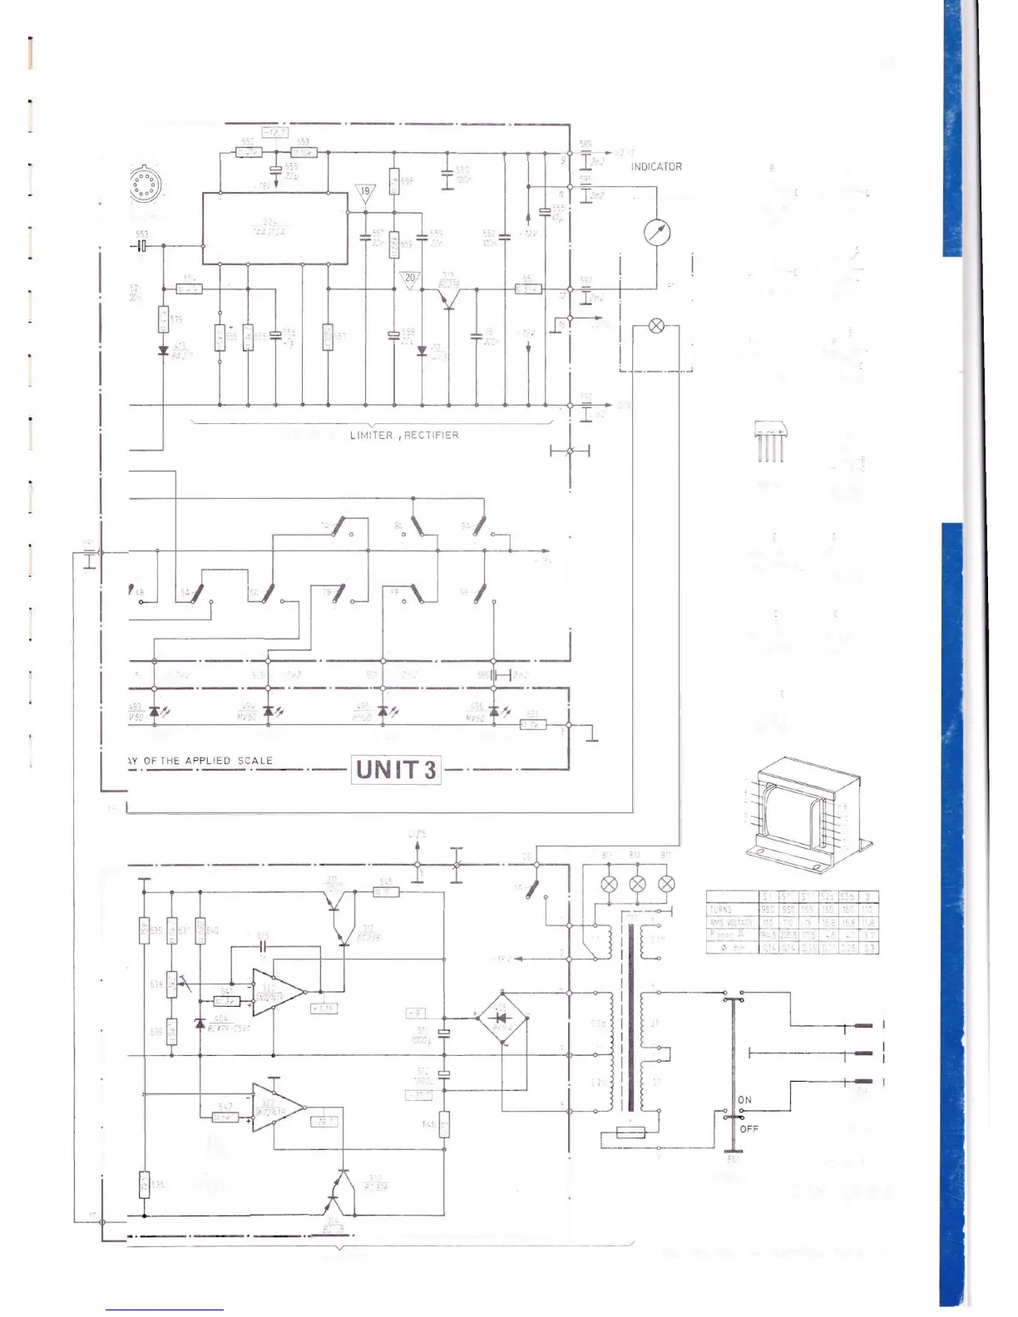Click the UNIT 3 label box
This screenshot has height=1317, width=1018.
(397, 769)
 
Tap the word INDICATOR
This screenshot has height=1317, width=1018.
(656, 167)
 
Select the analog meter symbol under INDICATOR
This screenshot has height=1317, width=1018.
(657, 233)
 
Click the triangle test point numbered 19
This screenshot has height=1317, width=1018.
(365, 193)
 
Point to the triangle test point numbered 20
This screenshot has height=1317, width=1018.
(410, 280)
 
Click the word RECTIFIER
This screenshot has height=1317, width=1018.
(431, 435)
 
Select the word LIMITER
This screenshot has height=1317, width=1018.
(372, 435)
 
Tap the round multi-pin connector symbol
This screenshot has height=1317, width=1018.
(144, 185)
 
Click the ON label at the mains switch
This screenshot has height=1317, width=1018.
(744, 1100)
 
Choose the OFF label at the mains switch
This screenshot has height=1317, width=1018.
(749, 1129)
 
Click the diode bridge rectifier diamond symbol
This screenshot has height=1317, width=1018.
(502, 1016)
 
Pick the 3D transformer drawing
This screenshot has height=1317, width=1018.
(806, 813)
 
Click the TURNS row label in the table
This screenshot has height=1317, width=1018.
(720, 910)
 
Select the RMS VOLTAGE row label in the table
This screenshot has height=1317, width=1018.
(731, 922)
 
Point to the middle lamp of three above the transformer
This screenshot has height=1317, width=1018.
(637, 884)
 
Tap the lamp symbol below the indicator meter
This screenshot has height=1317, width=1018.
(656, 326)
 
